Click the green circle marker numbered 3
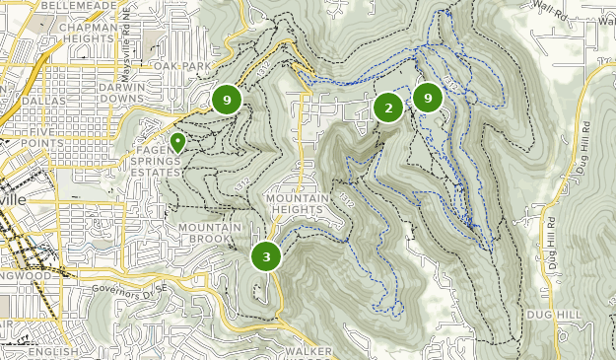(266, 256)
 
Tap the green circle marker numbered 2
(388, 108)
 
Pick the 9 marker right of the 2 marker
(428, 98)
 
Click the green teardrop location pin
(178, 143)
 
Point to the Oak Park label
(182, 66)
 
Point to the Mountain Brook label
(209, 234)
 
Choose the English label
(53, 352)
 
